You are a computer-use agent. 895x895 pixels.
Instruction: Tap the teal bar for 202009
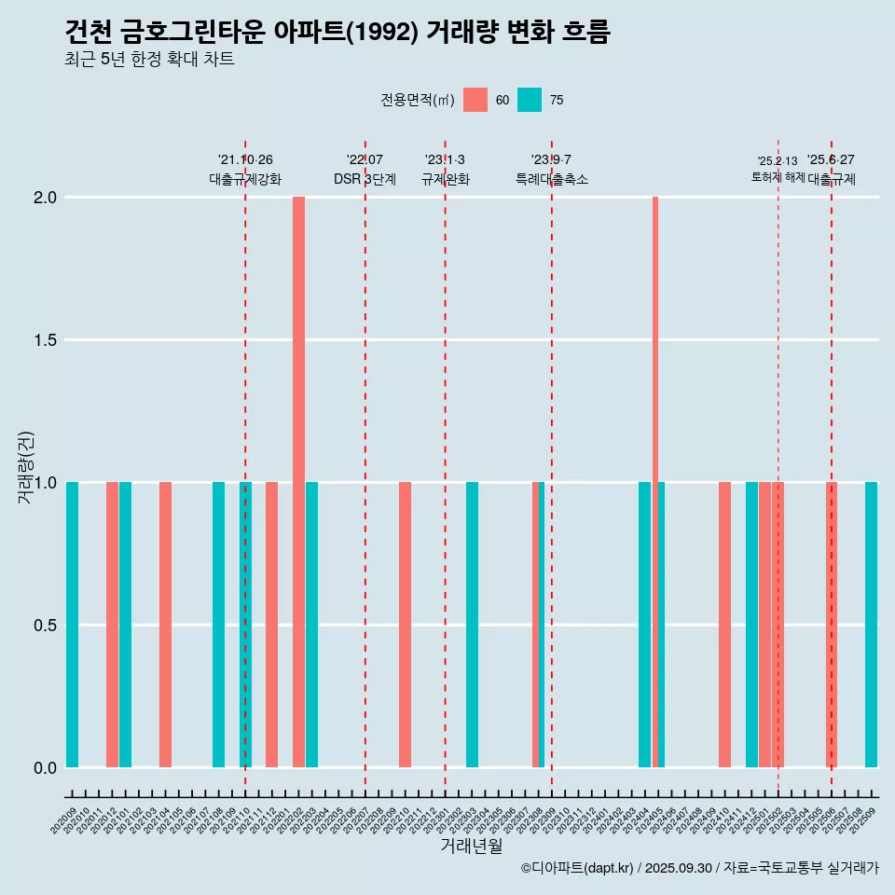pyautogui.click(x=72, y=625)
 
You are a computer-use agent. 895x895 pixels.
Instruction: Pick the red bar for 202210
pyautogui.click(x=405, y=625)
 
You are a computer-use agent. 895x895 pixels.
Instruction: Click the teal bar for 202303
pyautogui.click(x=472, y=625)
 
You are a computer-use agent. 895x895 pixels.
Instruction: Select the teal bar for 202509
pyautogui.click(x=871, y=625)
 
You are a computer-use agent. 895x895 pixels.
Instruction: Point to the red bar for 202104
pyautogui.click(x=165, y=625)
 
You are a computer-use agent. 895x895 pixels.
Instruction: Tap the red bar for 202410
pyautogui.click(x=724, y=625)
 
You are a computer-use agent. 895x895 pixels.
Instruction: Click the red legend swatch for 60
pyautogui.click(x=475, y=100)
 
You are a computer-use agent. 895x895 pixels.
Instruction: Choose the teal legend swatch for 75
pyautogui.click(x=530, y=100)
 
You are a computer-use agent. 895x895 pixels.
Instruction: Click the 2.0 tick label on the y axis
pyautogui.click(x=45, y=198)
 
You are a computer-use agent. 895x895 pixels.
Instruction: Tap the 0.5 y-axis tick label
pyautogui.click(x=45, y=625)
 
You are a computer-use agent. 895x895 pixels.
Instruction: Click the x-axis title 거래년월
pyautogui.click(x=471, y=846)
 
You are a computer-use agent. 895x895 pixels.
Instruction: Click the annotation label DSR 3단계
pyautogui.click(x=365, y=179)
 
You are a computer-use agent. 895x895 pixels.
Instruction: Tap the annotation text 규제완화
pyautogui.click(x=445, y=179)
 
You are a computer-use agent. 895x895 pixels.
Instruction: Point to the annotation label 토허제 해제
pyautogui.click(x=778, y=177)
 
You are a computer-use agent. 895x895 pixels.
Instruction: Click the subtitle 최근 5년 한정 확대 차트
pyautogui.click(x=149, y=60)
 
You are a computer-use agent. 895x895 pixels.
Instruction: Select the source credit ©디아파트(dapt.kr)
pyautogui.click(x=578, y=868)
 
